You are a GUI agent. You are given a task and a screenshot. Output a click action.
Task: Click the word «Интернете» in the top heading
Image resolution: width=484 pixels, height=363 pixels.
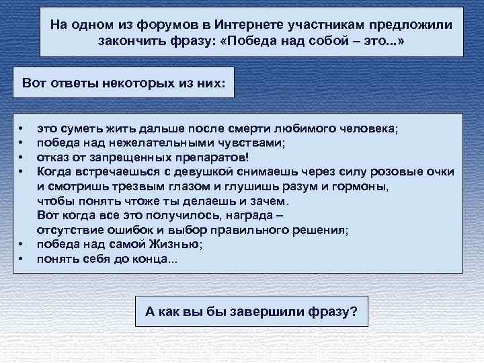[x=245, y=25]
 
